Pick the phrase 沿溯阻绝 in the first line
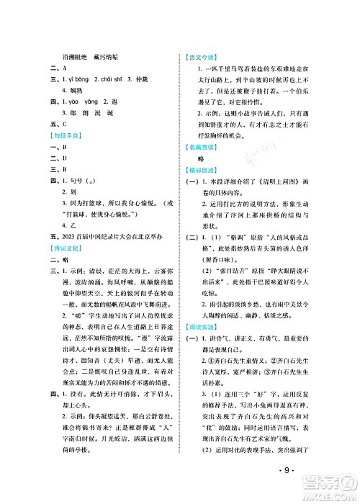point(78,57)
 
